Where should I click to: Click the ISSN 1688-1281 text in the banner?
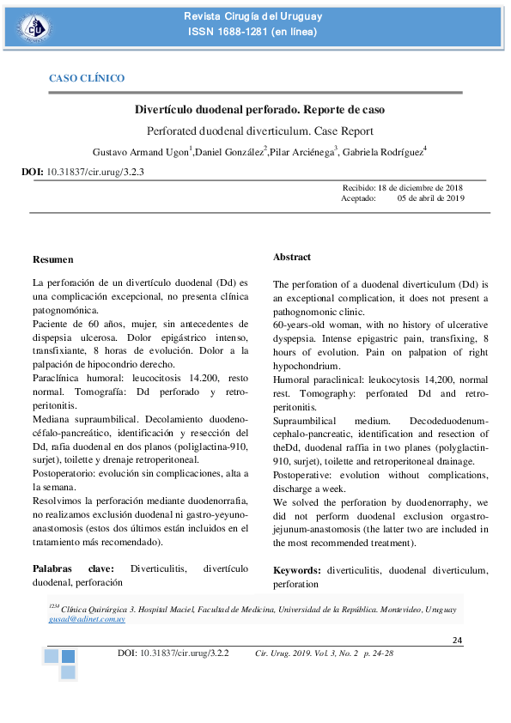click(x=252, y=33)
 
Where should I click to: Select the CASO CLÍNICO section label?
click(x=87, y=78)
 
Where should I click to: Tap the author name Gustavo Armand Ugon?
click(x=139, y=152)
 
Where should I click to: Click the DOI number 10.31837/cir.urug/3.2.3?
click(x=95, y=172)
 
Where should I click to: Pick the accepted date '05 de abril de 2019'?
click(x=430, y=197)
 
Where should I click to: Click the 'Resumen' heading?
click(x=52, y=259)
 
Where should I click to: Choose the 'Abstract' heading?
click(x=292, y=257)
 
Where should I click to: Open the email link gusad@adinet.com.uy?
click(x=87, y=618)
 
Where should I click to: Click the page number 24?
click(x=458, y=641)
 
